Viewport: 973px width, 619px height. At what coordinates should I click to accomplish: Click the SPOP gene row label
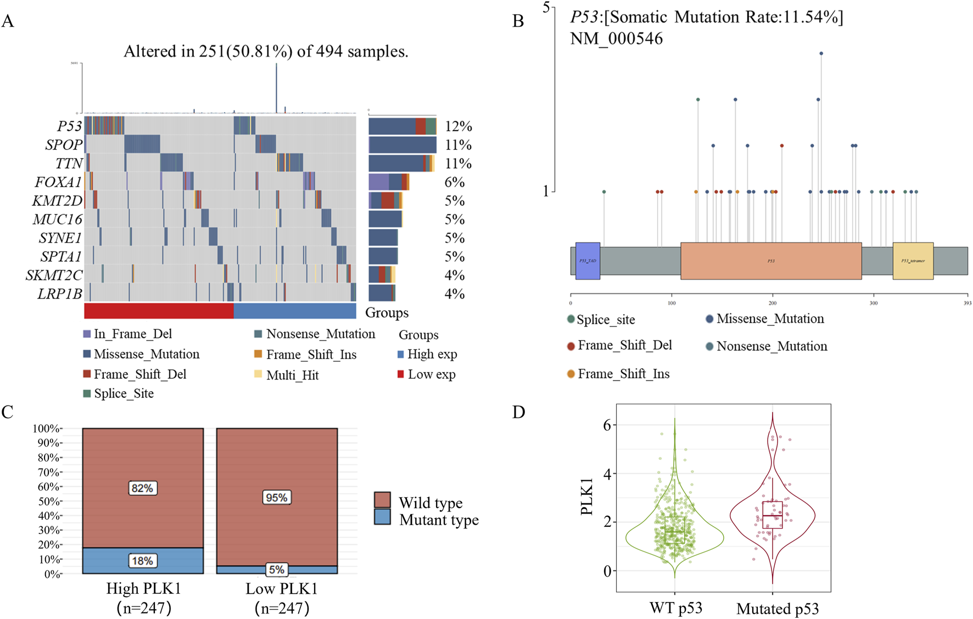(64, 145)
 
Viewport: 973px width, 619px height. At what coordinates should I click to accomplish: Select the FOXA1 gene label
(58, 182)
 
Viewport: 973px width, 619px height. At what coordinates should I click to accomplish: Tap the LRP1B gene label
(59, 294)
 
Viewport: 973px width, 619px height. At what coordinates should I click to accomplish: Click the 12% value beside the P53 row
(458, 126)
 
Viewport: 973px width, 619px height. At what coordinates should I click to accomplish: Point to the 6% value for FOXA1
(454, 182)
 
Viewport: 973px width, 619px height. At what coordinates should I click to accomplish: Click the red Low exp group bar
(159, 311)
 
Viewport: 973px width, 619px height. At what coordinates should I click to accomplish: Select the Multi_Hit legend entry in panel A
(292, 375)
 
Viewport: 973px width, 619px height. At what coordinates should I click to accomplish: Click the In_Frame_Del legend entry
(132, 334)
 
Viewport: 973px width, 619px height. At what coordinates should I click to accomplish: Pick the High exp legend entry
(432, 354)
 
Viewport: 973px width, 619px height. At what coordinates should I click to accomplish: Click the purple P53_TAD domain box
(588, 261)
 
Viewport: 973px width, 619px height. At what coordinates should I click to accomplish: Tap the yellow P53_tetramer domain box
(913, 261)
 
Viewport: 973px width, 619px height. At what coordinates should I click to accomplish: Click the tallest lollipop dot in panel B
(821, 53)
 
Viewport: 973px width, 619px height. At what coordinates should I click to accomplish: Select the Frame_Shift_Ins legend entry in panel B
(623, 374)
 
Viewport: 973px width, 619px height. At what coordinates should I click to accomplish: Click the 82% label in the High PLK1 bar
(143, 488)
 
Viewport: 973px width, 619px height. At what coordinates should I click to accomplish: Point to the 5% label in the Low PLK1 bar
(277, 570)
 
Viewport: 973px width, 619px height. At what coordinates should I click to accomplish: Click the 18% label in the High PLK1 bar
(143, 561)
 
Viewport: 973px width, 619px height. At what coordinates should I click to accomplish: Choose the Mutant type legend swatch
(382, 517)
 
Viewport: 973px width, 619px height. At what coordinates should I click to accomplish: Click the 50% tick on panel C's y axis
(47, 502)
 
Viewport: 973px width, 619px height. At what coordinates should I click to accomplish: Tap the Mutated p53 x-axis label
(778, 609)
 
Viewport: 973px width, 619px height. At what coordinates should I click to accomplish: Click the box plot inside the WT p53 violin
(675, 530)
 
